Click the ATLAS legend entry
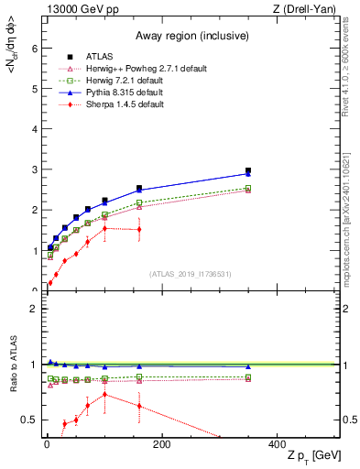[98, 56]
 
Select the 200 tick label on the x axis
[161, 444]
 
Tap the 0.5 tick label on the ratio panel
[31, 420]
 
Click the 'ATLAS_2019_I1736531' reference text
[190, 273]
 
